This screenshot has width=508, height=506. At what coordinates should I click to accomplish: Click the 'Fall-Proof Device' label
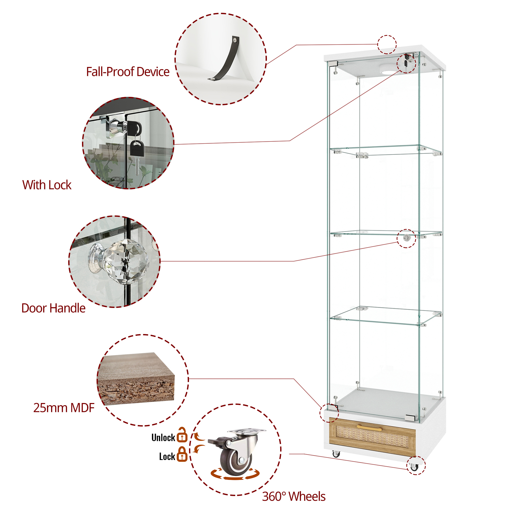point(128,72)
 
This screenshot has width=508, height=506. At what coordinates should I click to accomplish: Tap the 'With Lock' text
point(47,185)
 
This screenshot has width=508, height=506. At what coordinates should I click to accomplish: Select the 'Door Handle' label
point(53,308)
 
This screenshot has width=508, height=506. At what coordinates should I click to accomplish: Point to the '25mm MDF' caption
point(64,408)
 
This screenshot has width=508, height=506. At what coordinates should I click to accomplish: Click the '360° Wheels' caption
point(294,496)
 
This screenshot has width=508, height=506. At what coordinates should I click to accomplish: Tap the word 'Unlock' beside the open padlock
point(163,438)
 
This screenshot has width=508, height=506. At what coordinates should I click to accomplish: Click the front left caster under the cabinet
point(336,454)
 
